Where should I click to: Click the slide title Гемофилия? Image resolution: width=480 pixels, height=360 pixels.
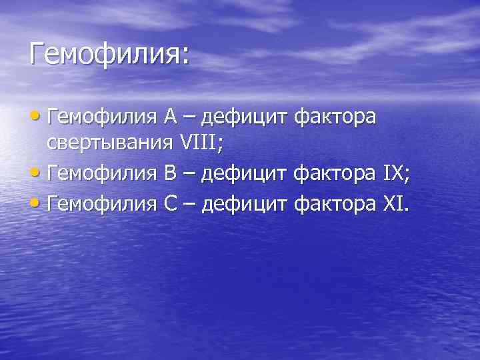click(x=109, y=53)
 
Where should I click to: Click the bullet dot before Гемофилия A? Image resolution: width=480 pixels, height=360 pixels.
click(x=37, y=117)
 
